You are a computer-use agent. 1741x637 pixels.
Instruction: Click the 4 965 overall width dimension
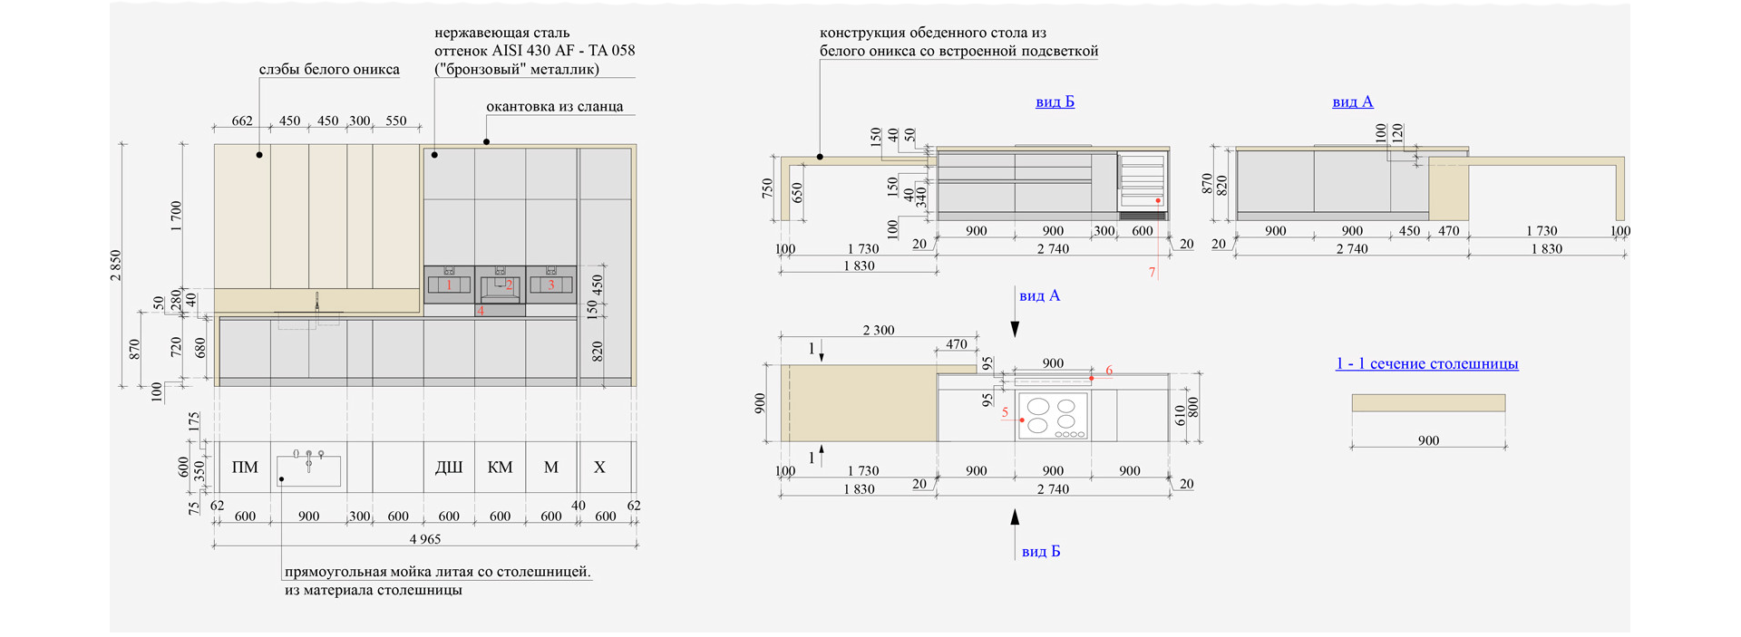click(x=425, y=539)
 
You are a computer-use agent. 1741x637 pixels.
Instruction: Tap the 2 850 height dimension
click(x=116, y=265)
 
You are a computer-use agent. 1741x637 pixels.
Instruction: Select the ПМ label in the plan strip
click(x=245, y=468)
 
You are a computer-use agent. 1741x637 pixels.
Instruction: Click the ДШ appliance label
click(x=449, y=468)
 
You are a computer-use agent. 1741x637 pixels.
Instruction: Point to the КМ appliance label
click(x=500, y=468)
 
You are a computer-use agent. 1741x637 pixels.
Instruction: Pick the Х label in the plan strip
click(x=599, y=468)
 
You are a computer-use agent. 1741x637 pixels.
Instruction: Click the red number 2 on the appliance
click(x=509, y=285)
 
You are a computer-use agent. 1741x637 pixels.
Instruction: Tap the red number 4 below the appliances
click(x=481, y=311)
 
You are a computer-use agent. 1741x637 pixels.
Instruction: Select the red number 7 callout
click(x=1153, y=272)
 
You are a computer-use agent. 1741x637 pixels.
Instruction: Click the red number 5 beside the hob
click(x=1005, y=412)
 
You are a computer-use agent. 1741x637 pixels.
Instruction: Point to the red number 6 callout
click(x=1109, y=371)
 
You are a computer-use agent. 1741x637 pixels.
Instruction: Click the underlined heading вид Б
click(x=1055, y=102)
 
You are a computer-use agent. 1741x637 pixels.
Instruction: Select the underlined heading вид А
click(x=1352, y=102)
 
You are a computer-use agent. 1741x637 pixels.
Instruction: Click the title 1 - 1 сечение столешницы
click(x=1426, y=363)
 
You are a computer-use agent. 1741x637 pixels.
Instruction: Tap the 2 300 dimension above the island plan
click(x=878, y=331)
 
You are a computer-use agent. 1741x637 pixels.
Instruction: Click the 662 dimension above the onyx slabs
click(x=242, y=121)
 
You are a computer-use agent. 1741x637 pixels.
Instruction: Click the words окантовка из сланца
click(x=554, y=106)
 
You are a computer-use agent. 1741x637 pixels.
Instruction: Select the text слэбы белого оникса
click(x=329, y=69)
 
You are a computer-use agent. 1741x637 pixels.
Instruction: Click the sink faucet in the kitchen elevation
click(x=317, y=302)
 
